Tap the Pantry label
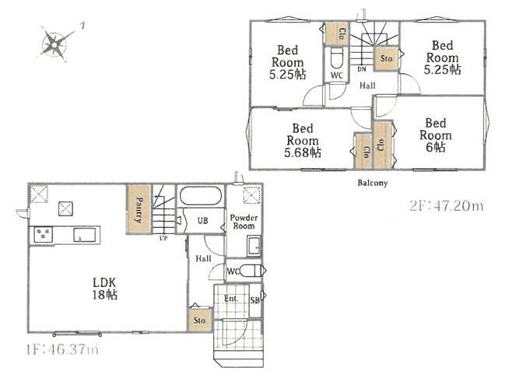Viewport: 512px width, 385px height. tap(139, 210)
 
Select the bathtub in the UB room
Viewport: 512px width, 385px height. tap(201, 196)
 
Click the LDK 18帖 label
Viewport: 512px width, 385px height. tap(105, 289)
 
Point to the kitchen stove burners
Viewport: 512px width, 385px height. tap(44, 234)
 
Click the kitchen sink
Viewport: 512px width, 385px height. tap(85, 235)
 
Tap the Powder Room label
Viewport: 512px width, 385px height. tap(244, 222)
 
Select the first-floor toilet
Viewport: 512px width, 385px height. tap(251, 271)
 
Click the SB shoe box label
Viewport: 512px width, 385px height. tap(255, 300)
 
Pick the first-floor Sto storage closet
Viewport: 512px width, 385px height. tap(199, 320)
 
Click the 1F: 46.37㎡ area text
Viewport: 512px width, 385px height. tap(62, 350)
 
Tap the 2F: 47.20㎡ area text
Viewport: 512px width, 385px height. tap(447, 206)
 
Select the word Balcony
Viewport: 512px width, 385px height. tap(373, 183)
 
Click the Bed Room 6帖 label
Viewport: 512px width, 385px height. tap(436, 135)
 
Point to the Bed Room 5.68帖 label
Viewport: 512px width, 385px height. tap(303, 140)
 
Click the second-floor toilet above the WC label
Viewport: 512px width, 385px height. tap(337, 59)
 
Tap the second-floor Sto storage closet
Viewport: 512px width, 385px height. tap(386, 58)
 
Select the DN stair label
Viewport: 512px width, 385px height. tap(362, 69)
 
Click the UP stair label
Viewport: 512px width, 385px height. tap(163, 239)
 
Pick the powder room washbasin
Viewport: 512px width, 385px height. tap(254, 247)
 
